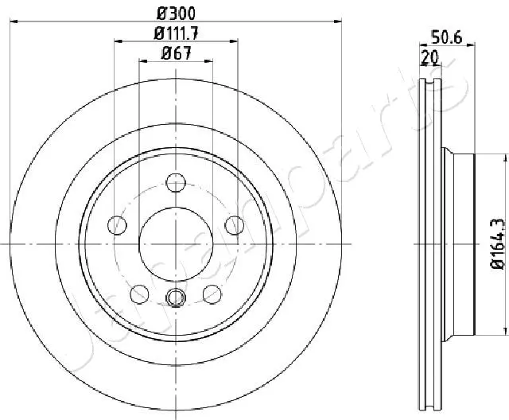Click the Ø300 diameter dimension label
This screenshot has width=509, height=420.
176,13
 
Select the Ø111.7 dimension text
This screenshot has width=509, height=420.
176,33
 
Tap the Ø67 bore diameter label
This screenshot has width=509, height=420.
176,54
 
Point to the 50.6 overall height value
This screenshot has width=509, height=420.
447,35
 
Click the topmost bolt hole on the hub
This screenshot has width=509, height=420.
176,181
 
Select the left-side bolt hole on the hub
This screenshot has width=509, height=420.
118,224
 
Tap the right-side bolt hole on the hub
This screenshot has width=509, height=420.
234,224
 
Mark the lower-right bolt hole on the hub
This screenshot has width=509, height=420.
212,271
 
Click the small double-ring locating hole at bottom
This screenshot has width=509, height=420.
176,276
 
